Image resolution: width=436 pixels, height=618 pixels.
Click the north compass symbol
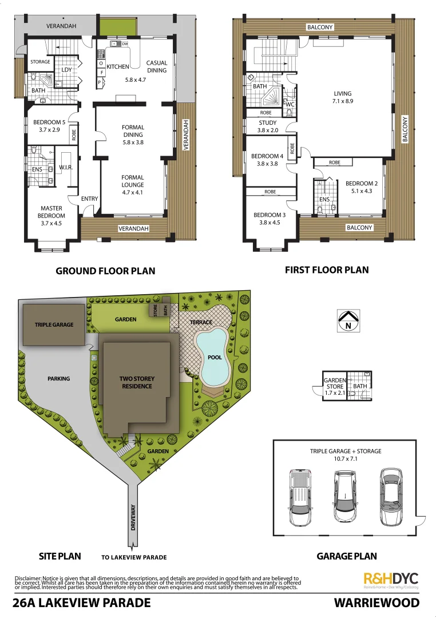click(x=347, y=321)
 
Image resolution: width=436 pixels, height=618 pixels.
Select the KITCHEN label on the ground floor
click(x=118, y=67)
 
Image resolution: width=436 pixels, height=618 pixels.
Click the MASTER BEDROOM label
click(x=51, y=212)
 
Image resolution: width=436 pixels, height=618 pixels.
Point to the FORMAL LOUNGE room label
click(x=133, y=181)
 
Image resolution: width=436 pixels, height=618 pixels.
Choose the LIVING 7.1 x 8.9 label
click(x=343, y=97)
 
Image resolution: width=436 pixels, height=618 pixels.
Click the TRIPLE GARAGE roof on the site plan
click(x=54, y=324)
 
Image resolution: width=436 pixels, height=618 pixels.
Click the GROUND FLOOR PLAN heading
click(x=105, y=271)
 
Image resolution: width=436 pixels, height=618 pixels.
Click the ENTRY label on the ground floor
click(x=90, y=199)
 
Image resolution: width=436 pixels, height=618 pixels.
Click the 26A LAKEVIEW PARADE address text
click(x=82, y=603)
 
